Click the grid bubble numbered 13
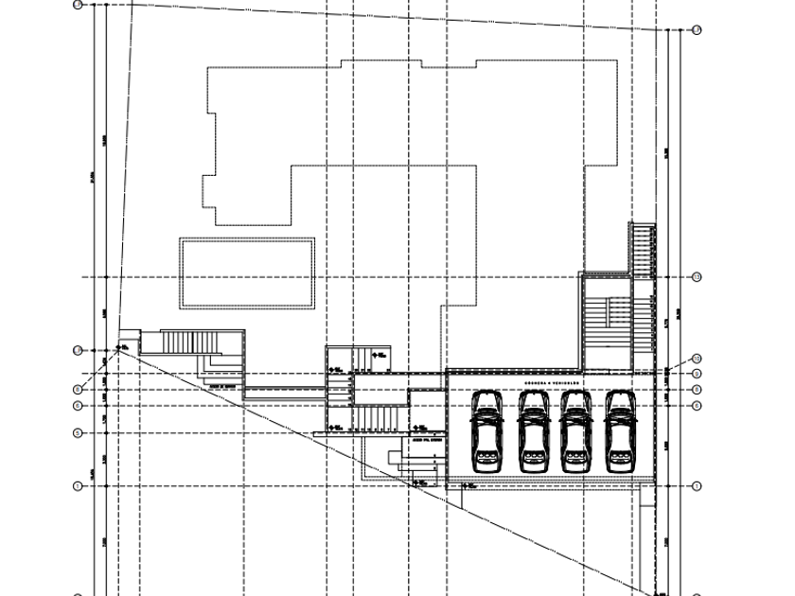coord(697,277)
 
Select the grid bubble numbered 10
coord(697,359)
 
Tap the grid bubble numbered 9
coord(697,375)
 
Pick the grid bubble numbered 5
coord(78,433)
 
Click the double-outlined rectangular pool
coord(247,272)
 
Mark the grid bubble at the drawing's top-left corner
coord(78,5)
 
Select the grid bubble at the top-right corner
coord(697,30)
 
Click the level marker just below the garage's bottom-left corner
coord(468,485)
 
